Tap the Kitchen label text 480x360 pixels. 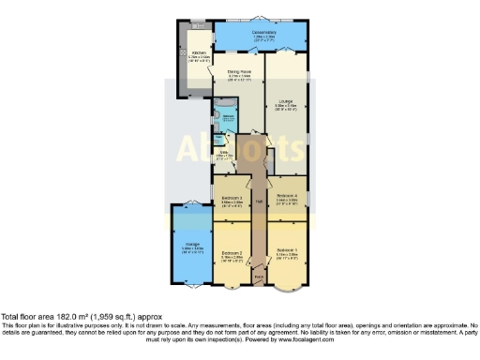tap(199, 52)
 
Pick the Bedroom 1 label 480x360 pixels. tap(287, 250)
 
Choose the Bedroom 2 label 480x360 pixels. tap(232, 253)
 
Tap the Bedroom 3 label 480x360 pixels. tap(232, 198)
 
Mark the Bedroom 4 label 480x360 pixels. tap(287, 195)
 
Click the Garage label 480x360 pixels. tap(187, 246)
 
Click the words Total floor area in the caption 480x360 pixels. tap(24, 316)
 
